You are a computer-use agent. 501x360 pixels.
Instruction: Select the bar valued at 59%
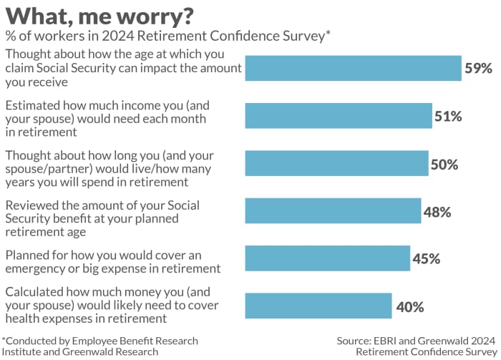pos(353,69)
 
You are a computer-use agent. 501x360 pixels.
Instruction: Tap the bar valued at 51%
pos(339,116)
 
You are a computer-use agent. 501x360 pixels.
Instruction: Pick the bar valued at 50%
pos(336,163)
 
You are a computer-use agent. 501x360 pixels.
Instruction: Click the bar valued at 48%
pos(333,211)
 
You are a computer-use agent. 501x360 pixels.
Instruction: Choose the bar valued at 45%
pos(327,258)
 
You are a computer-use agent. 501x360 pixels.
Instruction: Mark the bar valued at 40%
pos(318,306)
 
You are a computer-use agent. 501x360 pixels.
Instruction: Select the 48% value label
pos(437,212)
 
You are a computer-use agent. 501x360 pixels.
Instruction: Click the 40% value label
pos(409,307)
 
